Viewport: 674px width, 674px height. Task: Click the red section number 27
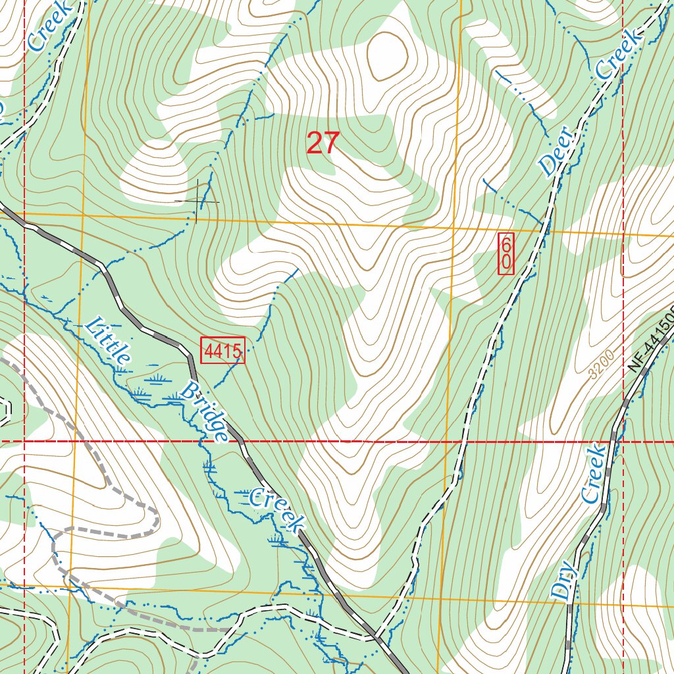323,143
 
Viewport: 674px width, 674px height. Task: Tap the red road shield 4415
222,350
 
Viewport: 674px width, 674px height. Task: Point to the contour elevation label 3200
602,364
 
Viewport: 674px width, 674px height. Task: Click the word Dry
565,582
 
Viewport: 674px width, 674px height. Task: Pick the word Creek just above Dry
593,474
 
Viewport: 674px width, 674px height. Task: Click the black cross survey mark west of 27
197,200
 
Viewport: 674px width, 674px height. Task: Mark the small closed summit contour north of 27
386,54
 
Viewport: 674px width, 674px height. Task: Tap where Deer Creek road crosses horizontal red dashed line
460,441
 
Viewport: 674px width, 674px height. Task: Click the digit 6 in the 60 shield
505,244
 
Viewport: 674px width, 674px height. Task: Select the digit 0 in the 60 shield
505,263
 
